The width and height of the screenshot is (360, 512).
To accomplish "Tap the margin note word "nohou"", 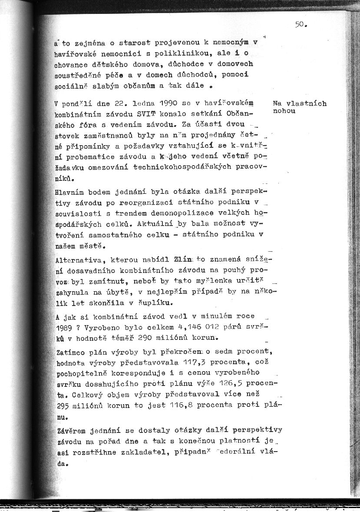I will click(284, 111).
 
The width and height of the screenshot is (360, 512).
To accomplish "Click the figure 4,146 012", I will click(197, 326).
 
